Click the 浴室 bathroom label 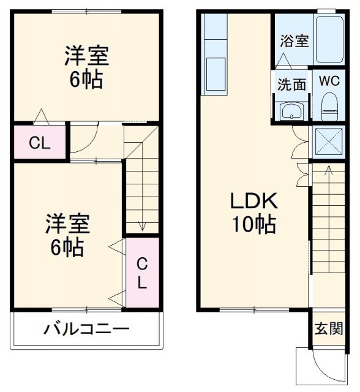[294, 41]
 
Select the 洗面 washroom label [291, 85]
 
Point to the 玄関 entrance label [329, 328]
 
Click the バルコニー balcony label [86, 329]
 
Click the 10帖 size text [253, 224]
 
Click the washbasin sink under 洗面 [291, 111]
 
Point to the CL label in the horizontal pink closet [40, 144]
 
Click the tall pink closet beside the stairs [141, 273]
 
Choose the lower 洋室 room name [67, 224]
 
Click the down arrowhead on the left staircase [142, 227]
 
